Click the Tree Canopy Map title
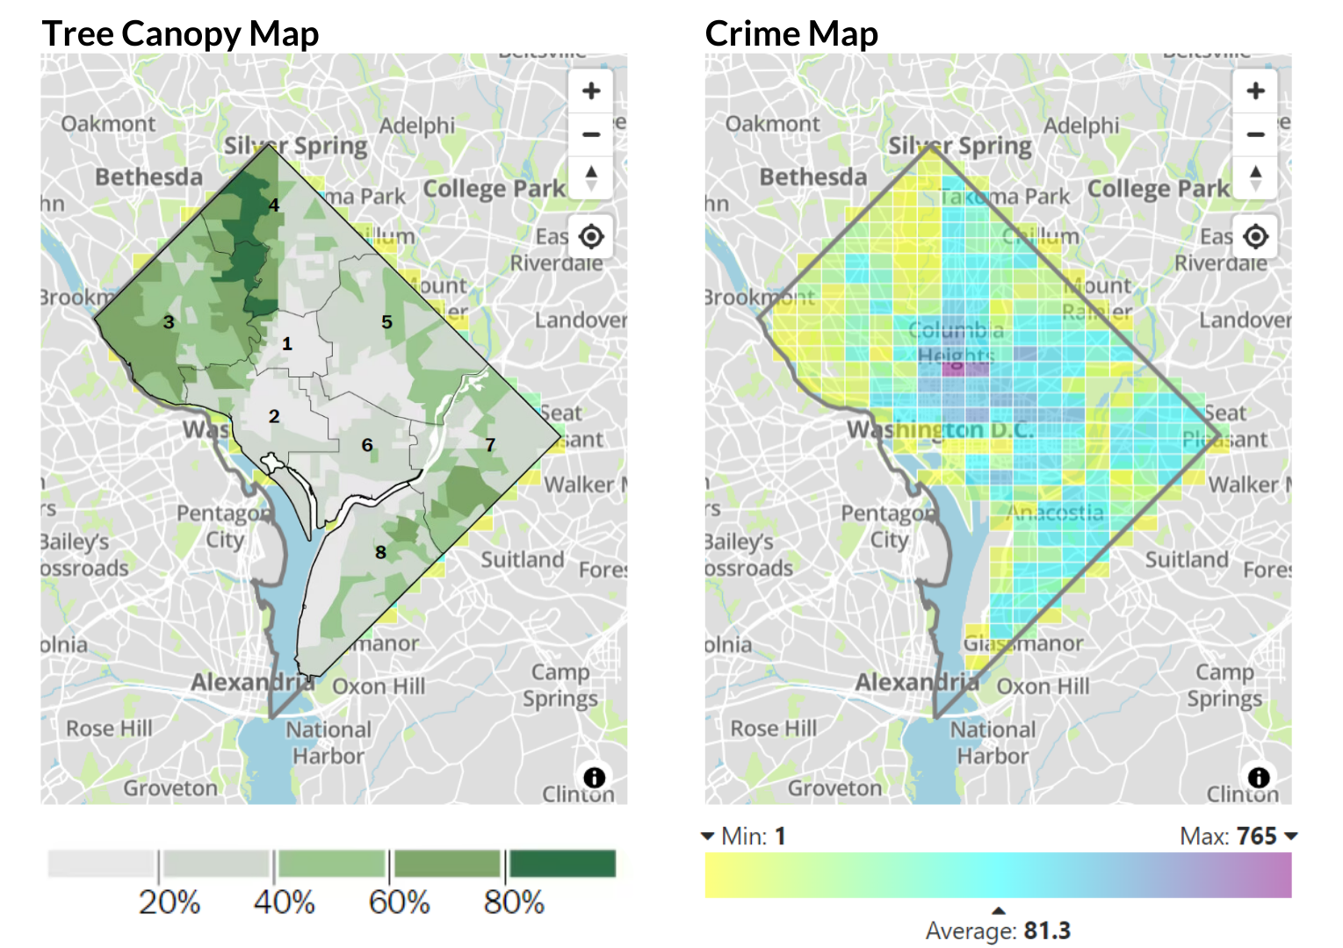(180, 33)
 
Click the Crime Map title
(791, 33)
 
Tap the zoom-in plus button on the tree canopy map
(591, 90)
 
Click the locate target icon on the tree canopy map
(591, 236)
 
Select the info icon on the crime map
(1259, 777)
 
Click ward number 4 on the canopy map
(274, 205)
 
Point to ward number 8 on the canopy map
(380, 552)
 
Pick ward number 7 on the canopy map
(490, 445)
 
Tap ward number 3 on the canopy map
(169, 322)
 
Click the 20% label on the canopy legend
(170, 902)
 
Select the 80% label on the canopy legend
(514, 902)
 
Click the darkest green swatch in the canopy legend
(562, 864)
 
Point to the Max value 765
(1256, 836)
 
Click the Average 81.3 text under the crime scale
(998, 930)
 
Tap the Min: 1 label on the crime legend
(753, 836)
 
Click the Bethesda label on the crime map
(812, 177)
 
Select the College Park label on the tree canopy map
(494, 189)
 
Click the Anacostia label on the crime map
(1055, 513)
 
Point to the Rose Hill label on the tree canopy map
(109, 729)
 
